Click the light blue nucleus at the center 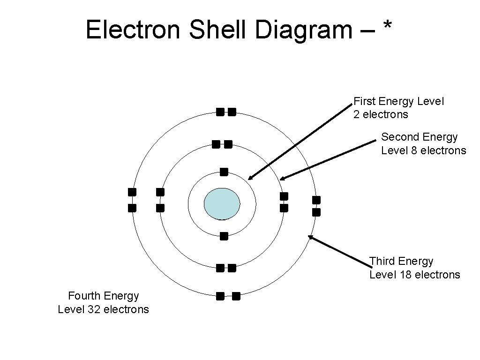pos(222,203)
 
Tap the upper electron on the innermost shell pos(224,172)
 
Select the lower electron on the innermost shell pos(224,236)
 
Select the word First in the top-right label pos(364,101)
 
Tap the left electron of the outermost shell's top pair pos(220,112)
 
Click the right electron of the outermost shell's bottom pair pos(236,296)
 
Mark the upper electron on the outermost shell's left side pos(132,192)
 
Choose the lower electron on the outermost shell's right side pos(316,212)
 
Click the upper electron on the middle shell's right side pos(284,195)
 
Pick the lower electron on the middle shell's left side pos(160,208)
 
